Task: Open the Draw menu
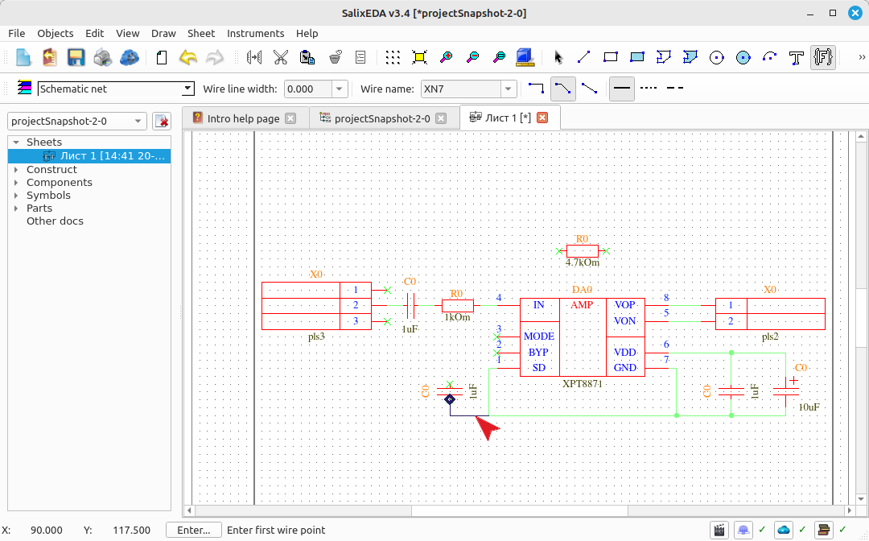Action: click(163, 33)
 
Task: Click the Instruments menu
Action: click(256, 33)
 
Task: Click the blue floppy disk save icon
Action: click(76, 57)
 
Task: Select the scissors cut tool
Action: click(281, 57)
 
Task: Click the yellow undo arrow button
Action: click(188, 57)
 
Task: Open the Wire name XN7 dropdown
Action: click(509, 89)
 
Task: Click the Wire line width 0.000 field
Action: click(308, 89)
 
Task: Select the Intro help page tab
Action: click(243, 118)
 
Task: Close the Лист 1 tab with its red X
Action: click(542, 118)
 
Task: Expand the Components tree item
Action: click(16, 183)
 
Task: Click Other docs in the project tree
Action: click(55, 221)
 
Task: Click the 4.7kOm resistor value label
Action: click(582, 262)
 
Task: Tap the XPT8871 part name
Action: click(582, 383)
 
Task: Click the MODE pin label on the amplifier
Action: click(538, 337)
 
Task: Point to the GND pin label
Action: click(624, 367)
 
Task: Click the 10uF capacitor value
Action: click(809, 407)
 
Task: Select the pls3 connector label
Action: click(316, 337)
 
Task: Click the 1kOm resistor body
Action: click(458, 305)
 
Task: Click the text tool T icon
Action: click(797, 58)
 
